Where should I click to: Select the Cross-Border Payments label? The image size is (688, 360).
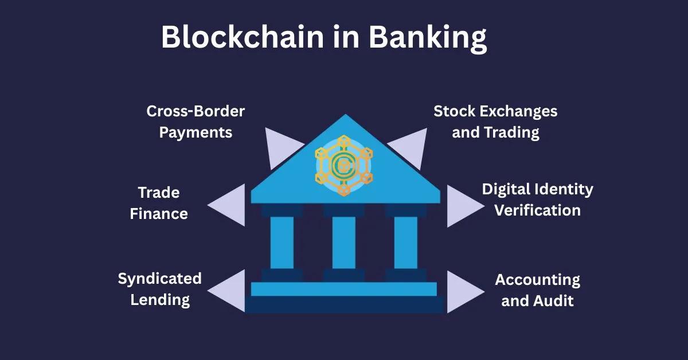(x=196, y=122)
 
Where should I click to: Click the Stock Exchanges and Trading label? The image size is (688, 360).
(x=495, y=122)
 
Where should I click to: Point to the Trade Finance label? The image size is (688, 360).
(x=159, y=203)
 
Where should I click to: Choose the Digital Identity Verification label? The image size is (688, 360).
(x=537, y=199)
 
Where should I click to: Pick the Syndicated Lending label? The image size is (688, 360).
(x=160, y=289)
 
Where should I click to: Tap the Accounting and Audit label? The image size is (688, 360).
(x=537, y=290)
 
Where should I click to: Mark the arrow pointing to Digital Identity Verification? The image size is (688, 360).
(x=462, y=205)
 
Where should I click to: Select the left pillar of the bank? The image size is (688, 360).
(x=282, y=242)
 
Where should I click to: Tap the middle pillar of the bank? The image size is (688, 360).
(x=344, y=242)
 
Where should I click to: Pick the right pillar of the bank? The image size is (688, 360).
(x=406, y=242)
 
